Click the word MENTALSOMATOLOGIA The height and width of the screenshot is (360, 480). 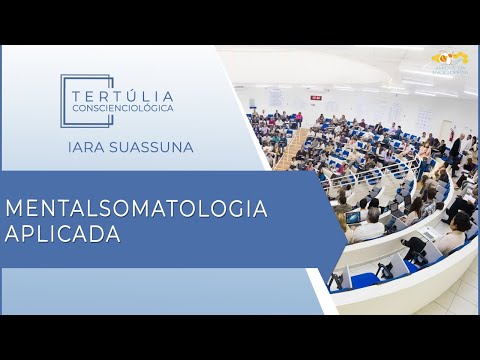(137, 209)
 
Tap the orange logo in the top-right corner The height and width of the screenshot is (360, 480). (449, 60)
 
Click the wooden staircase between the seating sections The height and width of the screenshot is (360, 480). (290, 150)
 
